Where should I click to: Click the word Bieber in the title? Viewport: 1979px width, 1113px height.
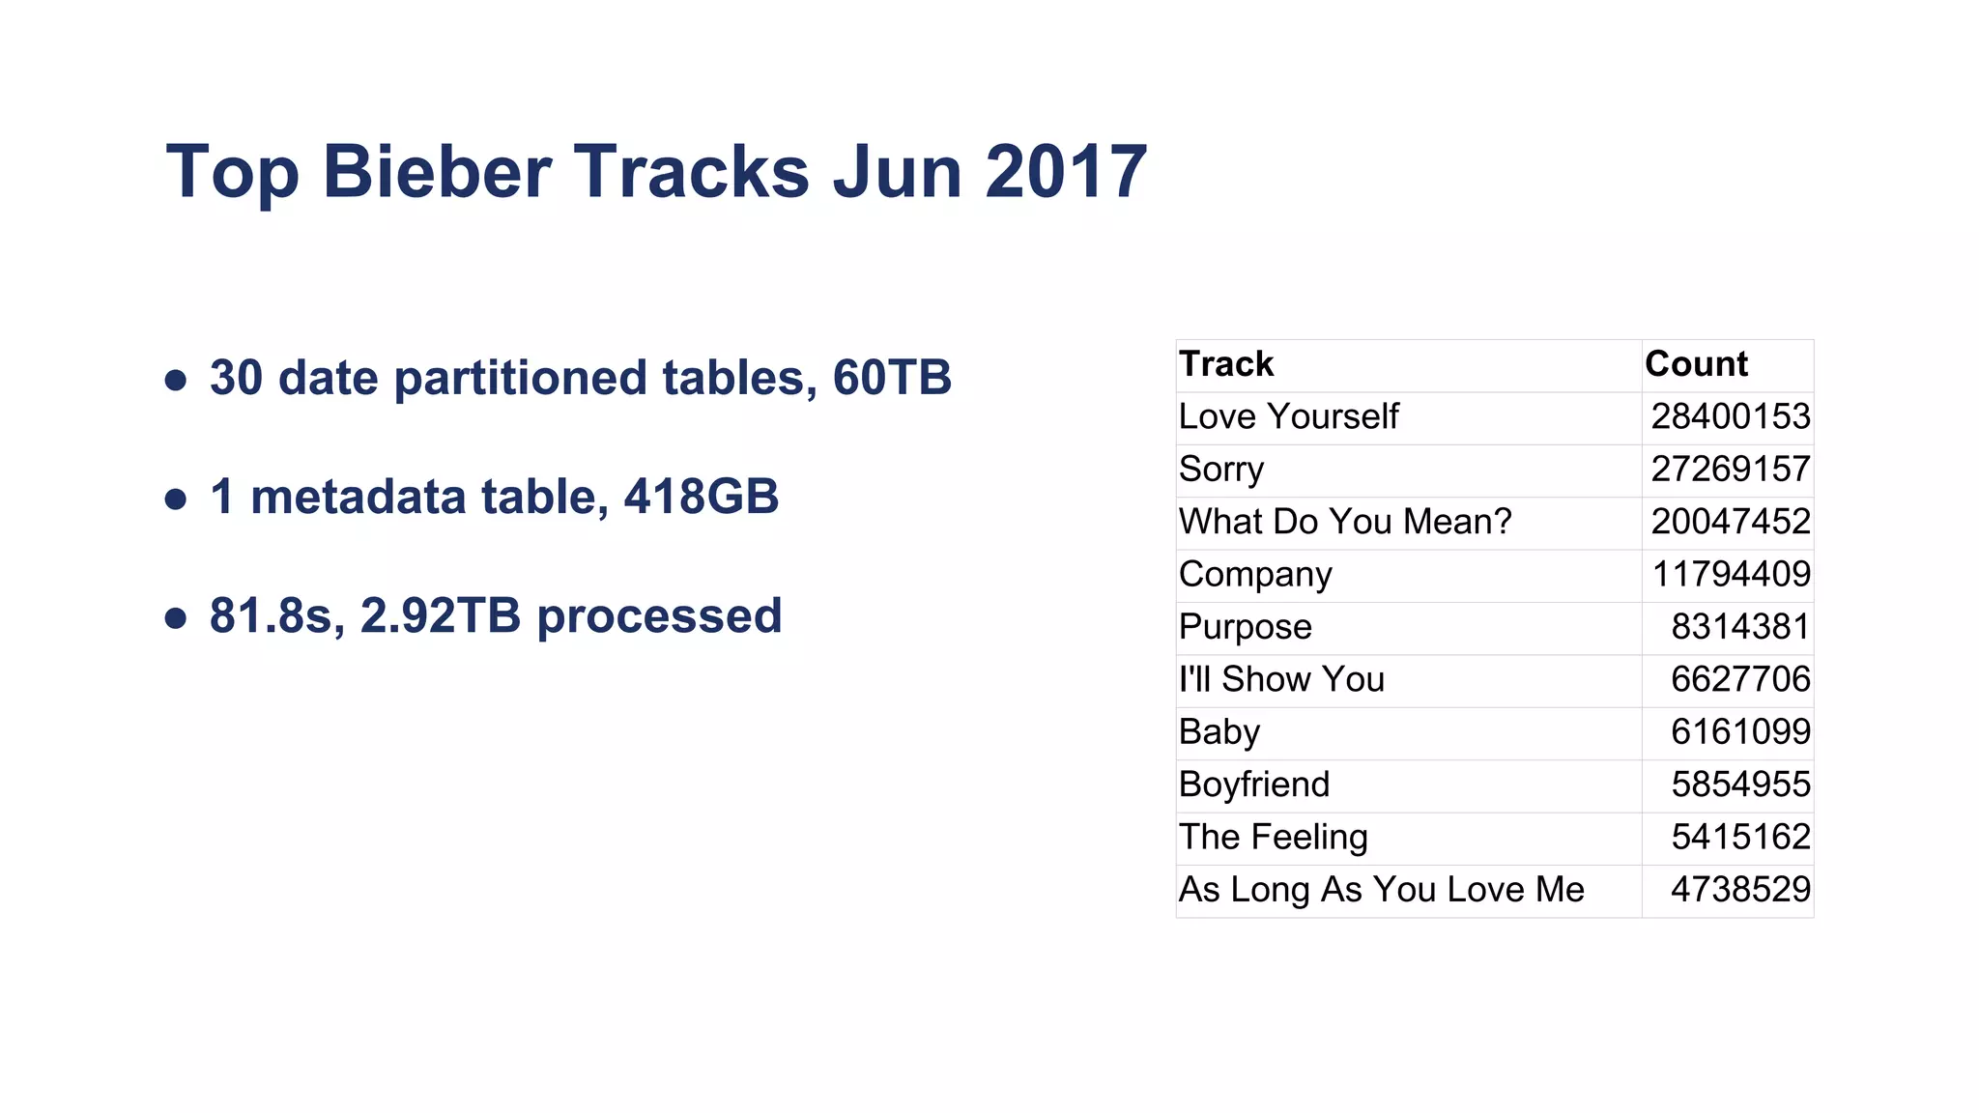point(436,172)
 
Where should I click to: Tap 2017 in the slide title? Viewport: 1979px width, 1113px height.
point(1066,172)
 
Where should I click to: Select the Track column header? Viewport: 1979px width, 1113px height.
point(1226,364)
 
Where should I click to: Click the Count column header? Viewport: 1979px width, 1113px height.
point(1696,364)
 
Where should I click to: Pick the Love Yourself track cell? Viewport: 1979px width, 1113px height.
point(1288,416)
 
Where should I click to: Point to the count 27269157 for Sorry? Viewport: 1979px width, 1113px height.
point(1730,470)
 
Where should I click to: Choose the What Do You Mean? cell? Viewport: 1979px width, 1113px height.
point(1344,522)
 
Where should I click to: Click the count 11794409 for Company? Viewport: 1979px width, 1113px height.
point(1731,574)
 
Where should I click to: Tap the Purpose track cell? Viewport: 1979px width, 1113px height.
point(1245,627)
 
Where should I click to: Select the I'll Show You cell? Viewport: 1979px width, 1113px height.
point(1281,679)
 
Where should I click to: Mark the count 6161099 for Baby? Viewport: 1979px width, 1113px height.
point(1740,732)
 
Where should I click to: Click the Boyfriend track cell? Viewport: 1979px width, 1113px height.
point(1254,785)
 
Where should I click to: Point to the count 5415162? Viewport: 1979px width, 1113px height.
point(1740,837)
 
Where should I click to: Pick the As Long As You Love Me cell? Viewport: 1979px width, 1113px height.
point(1381,890)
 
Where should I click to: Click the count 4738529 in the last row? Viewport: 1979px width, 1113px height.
point(1740,890)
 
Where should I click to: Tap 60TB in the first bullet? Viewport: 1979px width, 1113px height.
point(892,378)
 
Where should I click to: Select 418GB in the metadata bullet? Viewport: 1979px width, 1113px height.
point(701,497)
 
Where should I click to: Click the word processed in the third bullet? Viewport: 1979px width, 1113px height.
point(659,616)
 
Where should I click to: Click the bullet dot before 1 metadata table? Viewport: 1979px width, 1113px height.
point(176,499)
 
